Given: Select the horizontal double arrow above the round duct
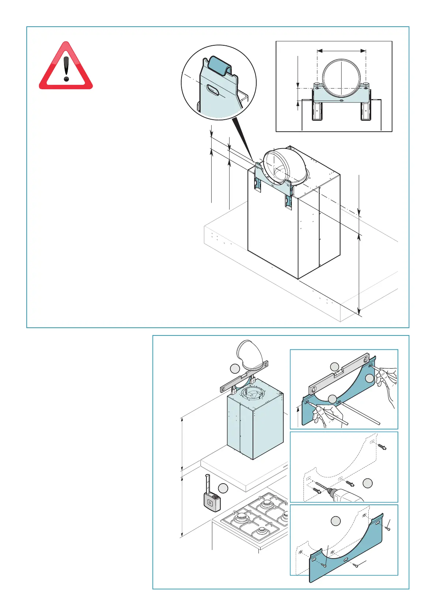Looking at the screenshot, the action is [341, 51].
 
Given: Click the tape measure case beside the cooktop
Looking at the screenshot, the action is [212, 502].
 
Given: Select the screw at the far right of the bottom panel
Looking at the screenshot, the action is [388, 529].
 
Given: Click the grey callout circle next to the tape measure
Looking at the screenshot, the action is [223, 488].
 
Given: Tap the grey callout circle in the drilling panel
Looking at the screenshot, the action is [368, 483].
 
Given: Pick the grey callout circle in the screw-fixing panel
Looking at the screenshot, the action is [336, 521].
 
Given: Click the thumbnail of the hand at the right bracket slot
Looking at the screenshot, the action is [385, 377].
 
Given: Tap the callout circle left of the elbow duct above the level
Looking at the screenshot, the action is [235, 369].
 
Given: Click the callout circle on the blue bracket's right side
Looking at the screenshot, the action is [370, 378].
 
